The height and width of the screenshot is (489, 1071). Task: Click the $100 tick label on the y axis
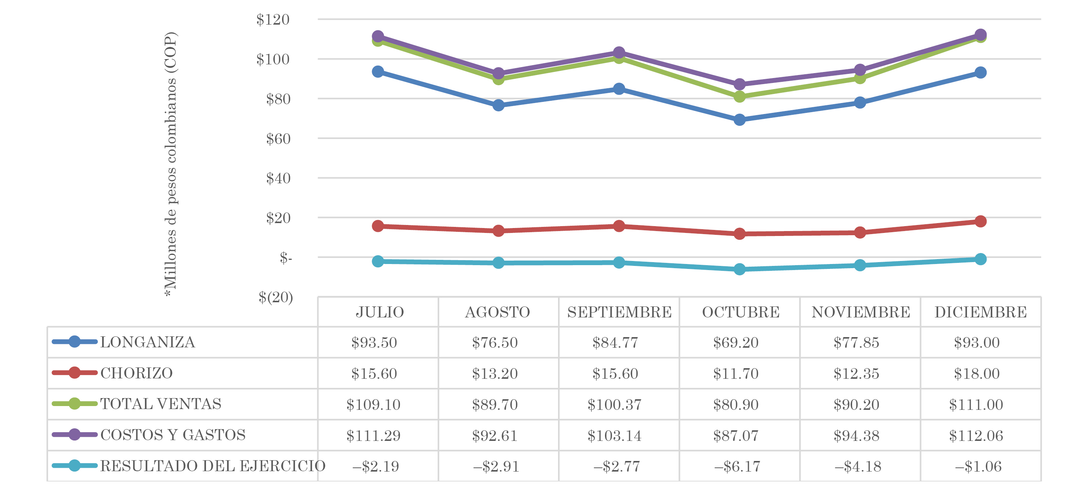273,59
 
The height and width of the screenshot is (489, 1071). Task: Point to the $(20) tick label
276,297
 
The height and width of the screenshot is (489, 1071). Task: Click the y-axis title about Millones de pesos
170,164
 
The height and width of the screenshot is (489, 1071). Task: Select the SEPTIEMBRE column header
619,312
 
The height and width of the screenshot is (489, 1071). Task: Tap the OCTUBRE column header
741,312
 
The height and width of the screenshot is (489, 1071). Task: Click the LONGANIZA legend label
148,342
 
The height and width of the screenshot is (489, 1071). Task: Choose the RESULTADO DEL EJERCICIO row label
212,466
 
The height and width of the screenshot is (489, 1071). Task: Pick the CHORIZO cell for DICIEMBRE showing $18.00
977,373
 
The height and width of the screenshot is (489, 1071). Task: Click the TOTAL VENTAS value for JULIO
373,405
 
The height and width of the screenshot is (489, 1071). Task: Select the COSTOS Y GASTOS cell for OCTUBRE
736,436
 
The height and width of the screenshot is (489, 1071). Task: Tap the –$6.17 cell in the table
737,467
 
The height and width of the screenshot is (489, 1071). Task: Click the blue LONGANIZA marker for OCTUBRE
740,120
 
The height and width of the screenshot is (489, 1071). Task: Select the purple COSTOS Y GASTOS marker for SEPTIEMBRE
619,52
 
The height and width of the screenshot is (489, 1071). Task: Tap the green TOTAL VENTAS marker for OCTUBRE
740,97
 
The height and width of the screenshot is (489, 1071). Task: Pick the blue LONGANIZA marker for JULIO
378,72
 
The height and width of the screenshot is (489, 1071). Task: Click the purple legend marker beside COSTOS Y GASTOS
75,435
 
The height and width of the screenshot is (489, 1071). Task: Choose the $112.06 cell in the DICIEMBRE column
976,436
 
